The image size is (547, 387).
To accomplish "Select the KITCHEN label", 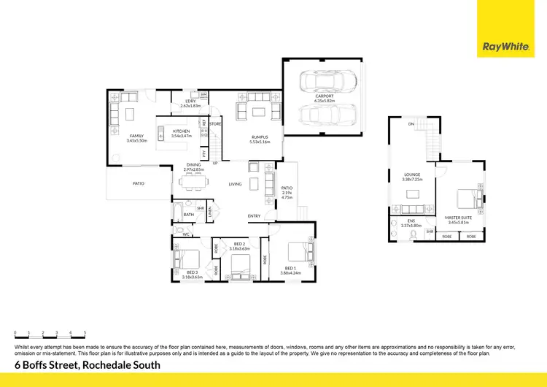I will pyautogui.click(x=181, y=131).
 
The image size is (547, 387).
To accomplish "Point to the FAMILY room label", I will pyautogui.click(x=137, y=136).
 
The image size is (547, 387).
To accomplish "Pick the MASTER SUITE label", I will pyautogui.click(x=459, y=217).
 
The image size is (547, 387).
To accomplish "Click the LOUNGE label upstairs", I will pyautogui.click(x=413, y=175).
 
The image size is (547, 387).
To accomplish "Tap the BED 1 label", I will pyautogui.click(x=291, y=268).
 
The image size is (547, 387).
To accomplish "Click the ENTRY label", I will pyautogui.click(x=254, y=216).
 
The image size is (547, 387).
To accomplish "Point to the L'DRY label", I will pyautogui.click(x=190, y=101).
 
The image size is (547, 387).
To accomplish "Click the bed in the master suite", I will pyautogui.click(x=465, y=197).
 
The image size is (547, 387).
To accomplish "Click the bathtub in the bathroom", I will pyautogui.click(x=178, y=213).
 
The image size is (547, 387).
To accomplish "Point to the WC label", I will pyautogui.click(x=186, y=234).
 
